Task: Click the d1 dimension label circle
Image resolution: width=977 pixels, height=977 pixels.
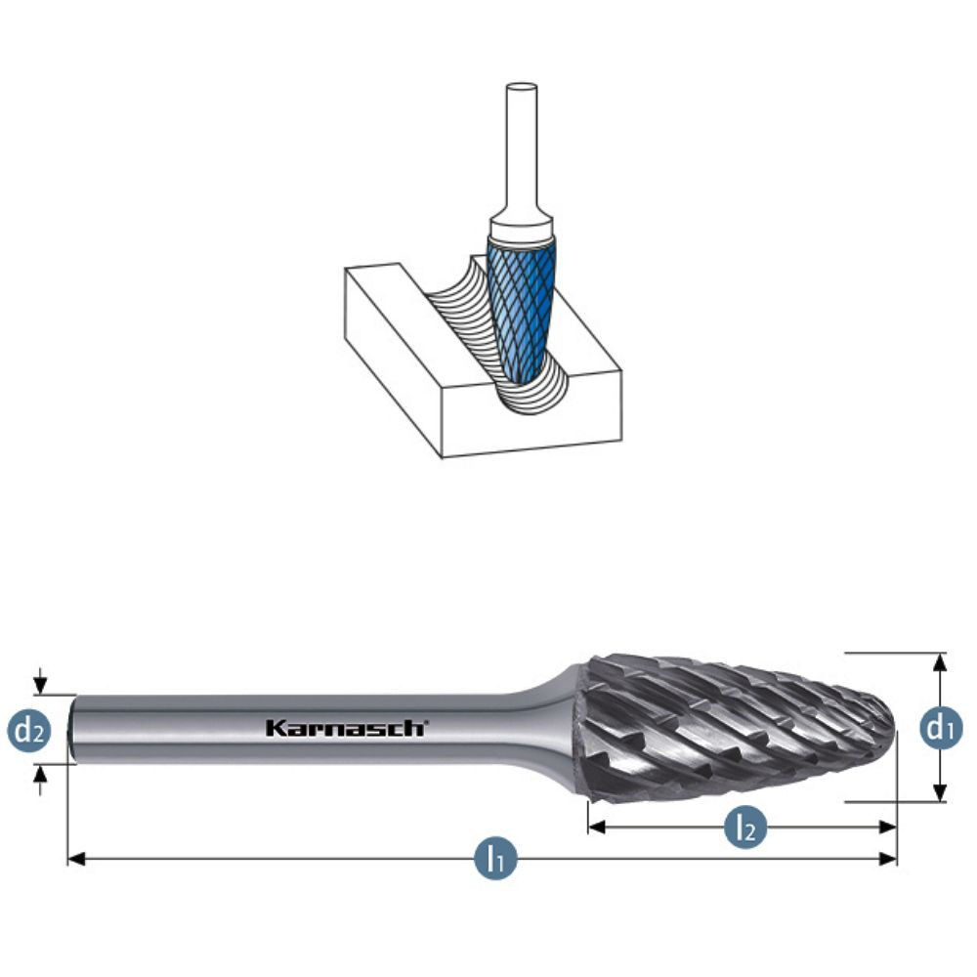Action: [941, 728]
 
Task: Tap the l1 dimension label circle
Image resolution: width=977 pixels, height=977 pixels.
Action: [495, 859]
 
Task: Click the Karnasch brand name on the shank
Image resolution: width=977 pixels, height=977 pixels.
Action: [346, 728]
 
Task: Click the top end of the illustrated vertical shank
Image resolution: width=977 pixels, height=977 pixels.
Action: [521, 89]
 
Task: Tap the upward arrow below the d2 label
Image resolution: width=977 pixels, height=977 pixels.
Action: [39, 773]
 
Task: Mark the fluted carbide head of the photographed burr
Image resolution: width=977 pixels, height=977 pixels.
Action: [733, 728]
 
